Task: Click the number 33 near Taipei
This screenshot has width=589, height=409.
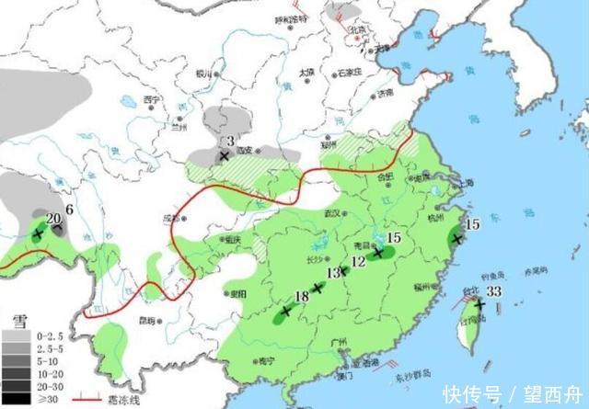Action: point(493,291)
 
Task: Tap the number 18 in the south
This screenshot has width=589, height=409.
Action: point(301,296)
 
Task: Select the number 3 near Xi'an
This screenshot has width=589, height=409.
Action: point(230,141)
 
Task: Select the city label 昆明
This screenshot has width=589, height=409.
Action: point(145,321)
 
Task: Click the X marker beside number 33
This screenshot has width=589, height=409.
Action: point(479,303)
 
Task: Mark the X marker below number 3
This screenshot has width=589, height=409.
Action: point(223,156)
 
